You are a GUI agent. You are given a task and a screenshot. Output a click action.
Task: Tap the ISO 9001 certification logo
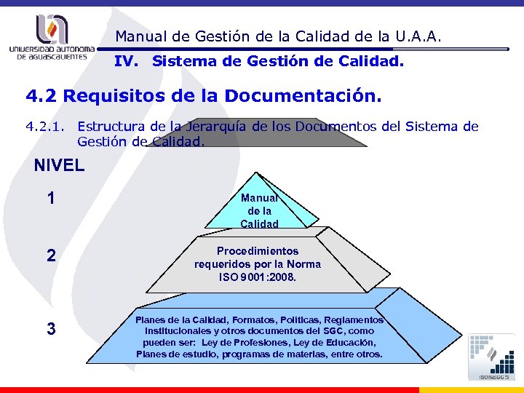(492, 357)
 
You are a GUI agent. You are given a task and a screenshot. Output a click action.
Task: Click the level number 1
(50, 198)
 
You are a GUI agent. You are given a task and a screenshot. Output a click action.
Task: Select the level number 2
(50, 255)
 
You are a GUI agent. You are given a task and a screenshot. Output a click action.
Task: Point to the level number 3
(50, 329)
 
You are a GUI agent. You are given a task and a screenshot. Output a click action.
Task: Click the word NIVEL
(59, 165)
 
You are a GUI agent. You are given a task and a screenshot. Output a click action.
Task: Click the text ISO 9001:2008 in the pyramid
(258, 277)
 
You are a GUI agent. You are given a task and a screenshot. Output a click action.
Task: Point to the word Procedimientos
(258, 251)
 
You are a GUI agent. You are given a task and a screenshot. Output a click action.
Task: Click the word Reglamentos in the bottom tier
(354, 320)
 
